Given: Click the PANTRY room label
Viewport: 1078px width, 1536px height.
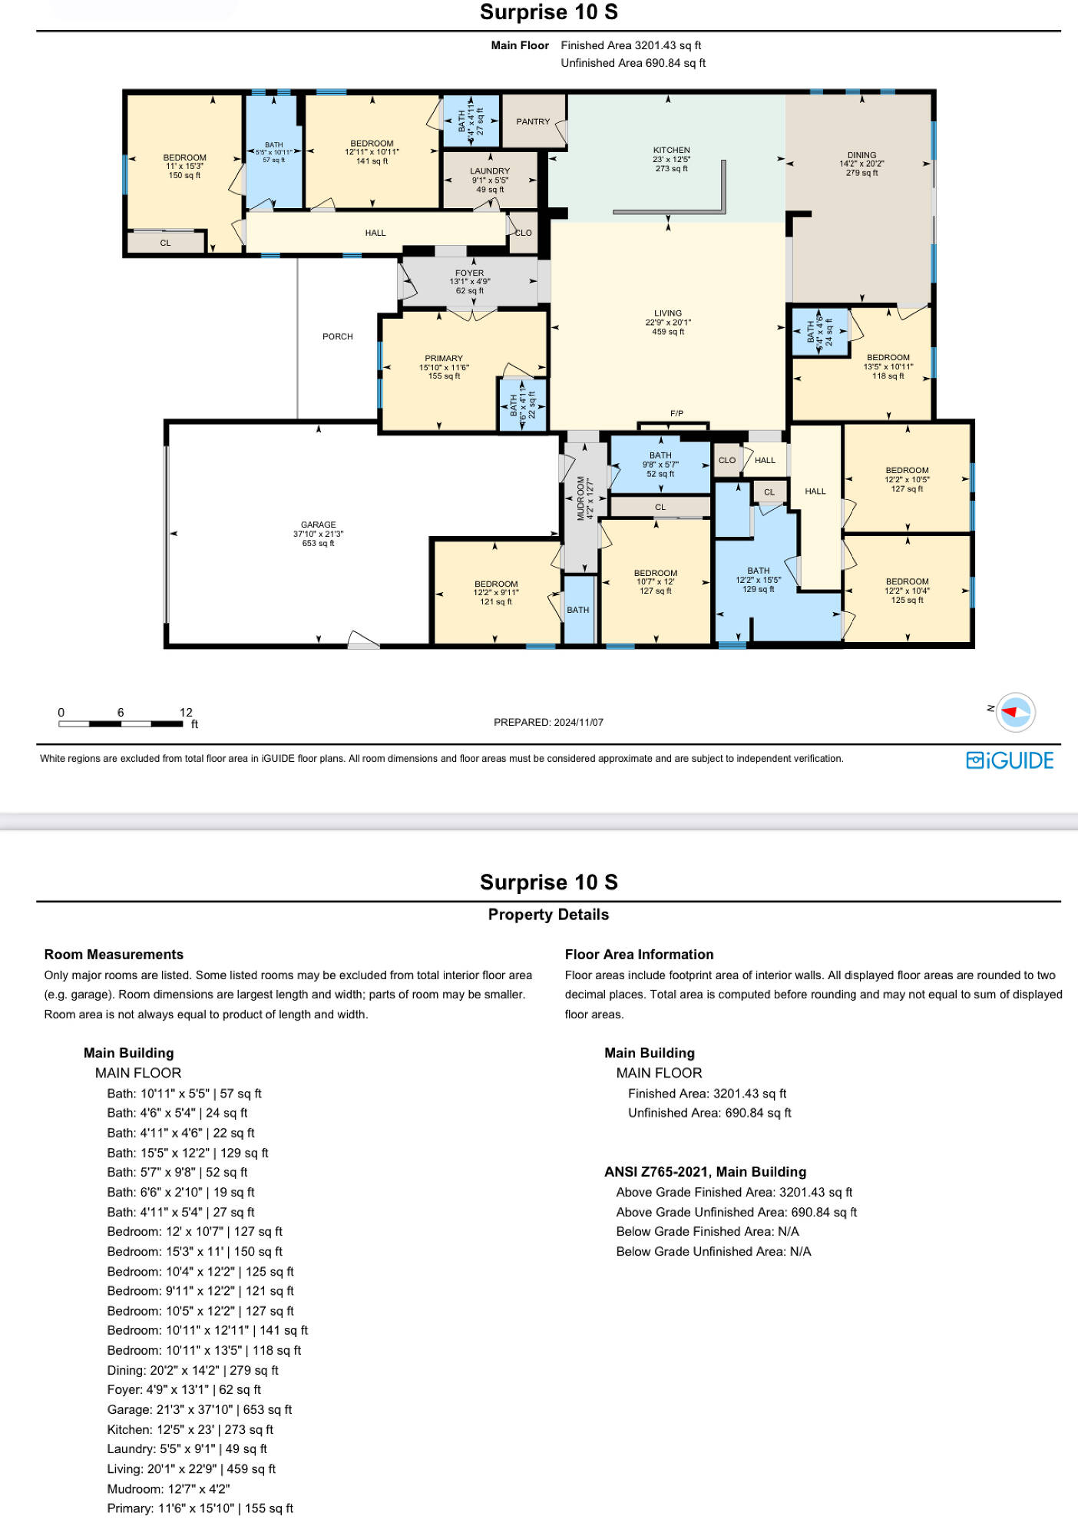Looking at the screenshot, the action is click(x=533, y=121).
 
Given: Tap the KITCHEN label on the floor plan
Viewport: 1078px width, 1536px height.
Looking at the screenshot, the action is click(x=672, y=151).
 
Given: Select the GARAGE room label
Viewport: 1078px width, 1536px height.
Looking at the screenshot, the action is click(x=319, y=525).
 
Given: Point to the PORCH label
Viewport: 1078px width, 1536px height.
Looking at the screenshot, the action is click(x=338, y=336).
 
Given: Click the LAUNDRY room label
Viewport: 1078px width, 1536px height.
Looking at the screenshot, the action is click(x=490, y=171).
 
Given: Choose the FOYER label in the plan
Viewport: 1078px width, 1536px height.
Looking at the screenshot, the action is click(x=470, y=273).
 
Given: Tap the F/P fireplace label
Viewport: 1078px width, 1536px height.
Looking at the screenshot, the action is click(x=676, y=414).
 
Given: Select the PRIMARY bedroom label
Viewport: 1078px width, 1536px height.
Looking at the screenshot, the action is click(x=444, y=358).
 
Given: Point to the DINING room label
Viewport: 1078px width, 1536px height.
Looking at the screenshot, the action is click(x=861, y=155).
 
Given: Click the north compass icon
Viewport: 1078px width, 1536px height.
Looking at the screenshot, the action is click(x=1015, y=712).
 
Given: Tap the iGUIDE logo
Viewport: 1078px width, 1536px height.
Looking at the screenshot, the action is click(x=1010, y=760).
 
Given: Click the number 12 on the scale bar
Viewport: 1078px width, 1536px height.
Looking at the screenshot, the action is click(x=186, y=712).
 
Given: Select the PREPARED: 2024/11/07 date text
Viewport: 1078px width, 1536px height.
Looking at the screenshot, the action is click(x=548, y=723).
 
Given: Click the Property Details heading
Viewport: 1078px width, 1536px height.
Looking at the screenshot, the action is click(x=548, y=915).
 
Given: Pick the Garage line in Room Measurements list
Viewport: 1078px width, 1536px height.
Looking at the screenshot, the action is click(x=200, y=1409).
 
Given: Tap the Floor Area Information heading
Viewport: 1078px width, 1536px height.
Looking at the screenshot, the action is click(x=640, y=955).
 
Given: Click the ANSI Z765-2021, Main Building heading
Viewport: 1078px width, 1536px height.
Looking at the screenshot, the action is click(x=705, y=1172).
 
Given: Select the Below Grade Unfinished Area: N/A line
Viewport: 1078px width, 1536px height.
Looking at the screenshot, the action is click(x=713, y=1251).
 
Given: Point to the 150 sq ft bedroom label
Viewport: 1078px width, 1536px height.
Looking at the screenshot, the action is click(x=184, y=176).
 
